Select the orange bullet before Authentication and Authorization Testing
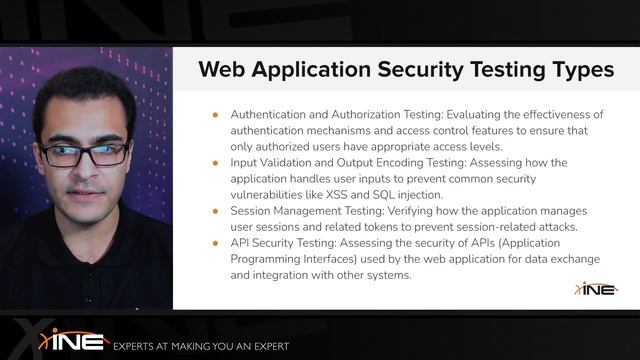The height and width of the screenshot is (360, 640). [x=215, y=115]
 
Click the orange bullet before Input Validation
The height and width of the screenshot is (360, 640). [x=215, y=163]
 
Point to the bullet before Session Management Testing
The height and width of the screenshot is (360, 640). [x=215, y=211]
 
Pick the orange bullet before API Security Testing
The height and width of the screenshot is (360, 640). [x=215, y=243]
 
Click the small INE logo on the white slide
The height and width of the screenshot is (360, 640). [x=596, y=289]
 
